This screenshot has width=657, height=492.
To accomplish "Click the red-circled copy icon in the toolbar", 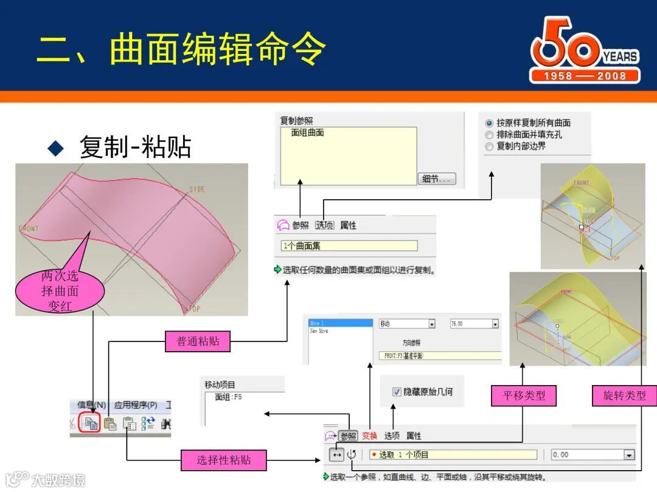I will point(90,424).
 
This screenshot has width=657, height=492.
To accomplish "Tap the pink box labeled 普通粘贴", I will point(198,341).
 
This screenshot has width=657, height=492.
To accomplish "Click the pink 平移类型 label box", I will point(523,395).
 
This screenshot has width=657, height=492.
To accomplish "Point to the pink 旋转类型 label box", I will point(624,395).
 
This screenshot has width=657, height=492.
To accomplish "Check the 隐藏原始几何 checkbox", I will point(397,392).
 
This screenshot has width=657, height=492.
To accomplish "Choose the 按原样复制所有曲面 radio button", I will point(489,123).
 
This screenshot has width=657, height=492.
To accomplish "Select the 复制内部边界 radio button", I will point(489,146).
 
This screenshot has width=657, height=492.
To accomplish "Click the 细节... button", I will point(437,179).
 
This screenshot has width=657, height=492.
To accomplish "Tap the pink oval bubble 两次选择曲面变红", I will point(60,292).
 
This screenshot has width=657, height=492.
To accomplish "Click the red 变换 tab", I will point(370,436).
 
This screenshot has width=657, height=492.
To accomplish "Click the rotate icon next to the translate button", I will point(352,454).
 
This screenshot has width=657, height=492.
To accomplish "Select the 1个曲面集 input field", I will point(349,246).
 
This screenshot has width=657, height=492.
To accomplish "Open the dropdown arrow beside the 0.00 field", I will point(629,454).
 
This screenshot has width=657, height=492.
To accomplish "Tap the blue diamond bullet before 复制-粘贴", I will point(56,148).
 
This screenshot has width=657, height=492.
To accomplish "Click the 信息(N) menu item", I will point(92,405).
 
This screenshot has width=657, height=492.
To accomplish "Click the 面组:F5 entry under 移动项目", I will point(229,397).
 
